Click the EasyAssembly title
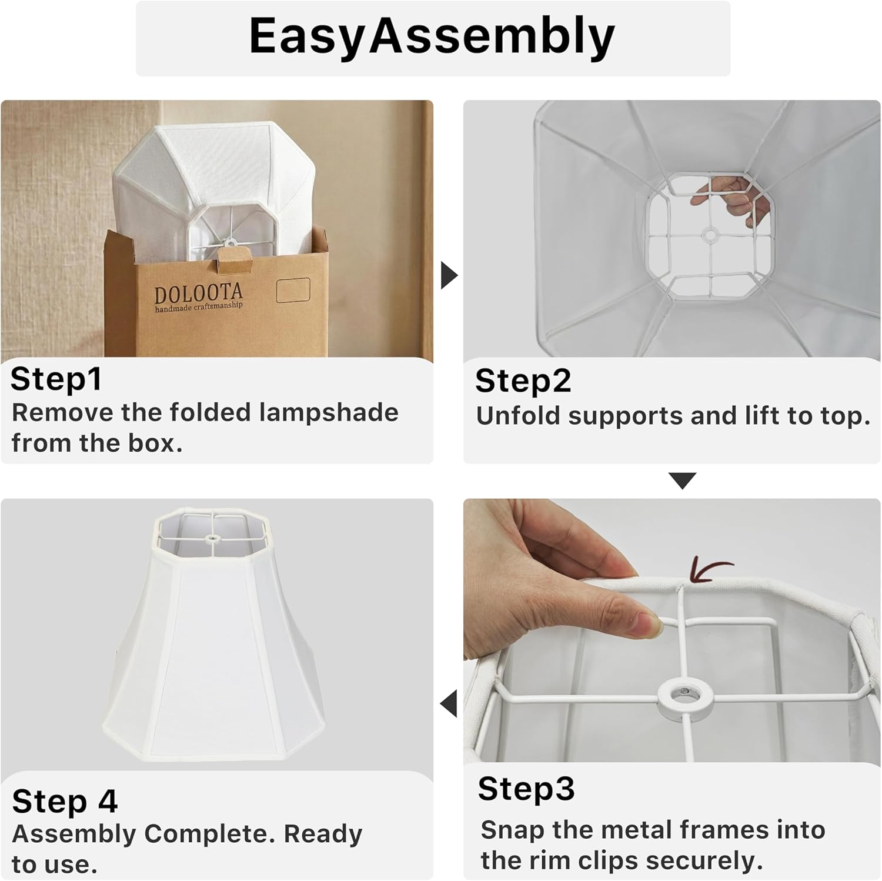pos(432,36)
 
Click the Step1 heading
pos(56,379)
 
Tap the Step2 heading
pos(523,381)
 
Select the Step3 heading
pos(526,789)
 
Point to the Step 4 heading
pos(65,802)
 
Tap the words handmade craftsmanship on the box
pos(198,307)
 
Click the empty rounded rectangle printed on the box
pos(293,290)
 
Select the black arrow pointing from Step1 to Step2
pos(449,275)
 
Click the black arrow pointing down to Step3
pos(683,480)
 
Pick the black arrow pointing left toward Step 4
pos(449,704)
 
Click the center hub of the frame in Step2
pos(710,235)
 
